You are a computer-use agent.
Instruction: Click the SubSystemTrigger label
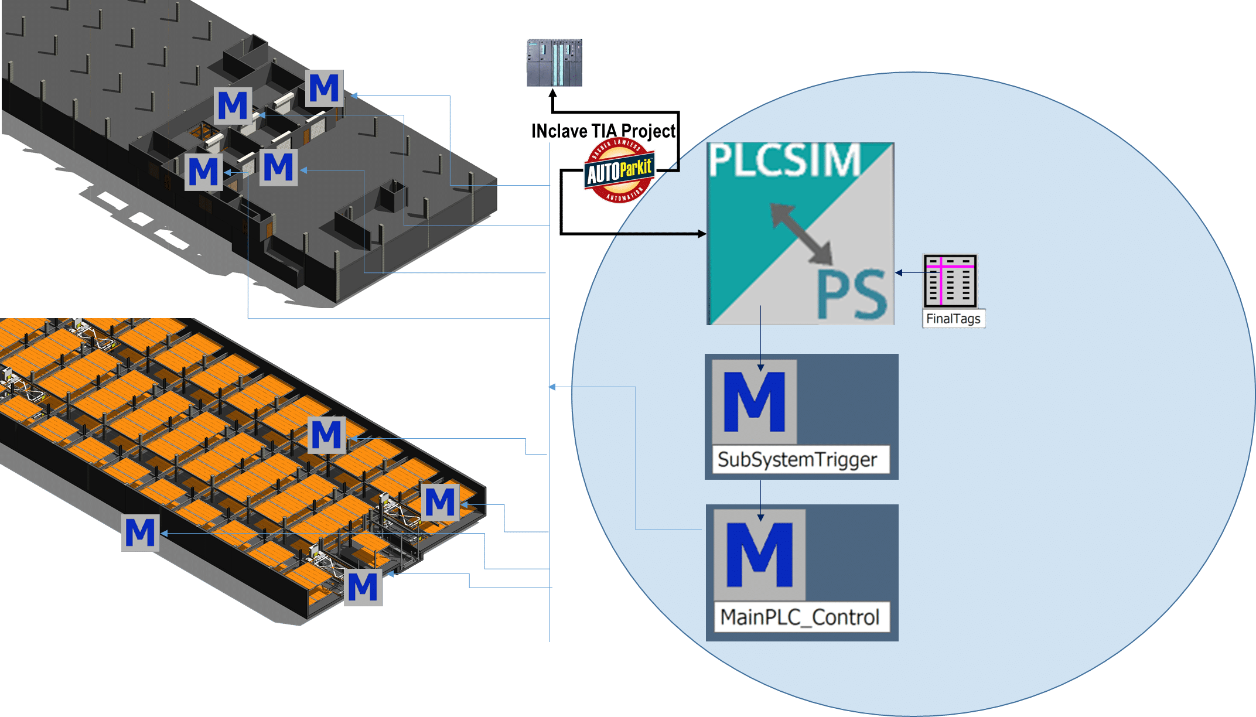[x=797, y=460]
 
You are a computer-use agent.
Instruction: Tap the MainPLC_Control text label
[x=800, y=617]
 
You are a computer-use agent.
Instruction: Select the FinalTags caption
[x=953, y=319]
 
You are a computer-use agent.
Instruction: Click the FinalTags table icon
[x=950, y=281]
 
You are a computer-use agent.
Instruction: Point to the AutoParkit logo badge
[x=619, y=170]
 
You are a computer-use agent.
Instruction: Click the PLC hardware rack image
[x=552, y=63]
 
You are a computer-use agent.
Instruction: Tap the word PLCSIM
[x=785, y=161]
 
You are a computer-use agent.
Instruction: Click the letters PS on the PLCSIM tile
[x=852, y=295]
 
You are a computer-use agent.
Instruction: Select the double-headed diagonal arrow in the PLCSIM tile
[x=801, y=233]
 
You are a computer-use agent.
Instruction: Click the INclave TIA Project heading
[x=603, y=131]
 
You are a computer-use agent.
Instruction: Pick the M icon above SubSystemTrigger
[x=755, y=402]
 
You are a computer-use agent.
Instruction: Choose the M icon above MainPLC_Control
[x=760, y=554]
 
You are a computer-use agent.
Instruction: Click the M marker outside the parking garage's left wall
[x=140, y=532]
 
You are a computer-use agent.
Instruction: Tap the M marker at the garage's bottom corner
[x=363, y=587]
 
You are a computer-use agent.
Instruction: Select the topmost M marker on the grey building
[x=324, y=88]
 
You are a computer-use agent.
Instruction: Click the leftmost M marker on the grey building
[x=203, y=172]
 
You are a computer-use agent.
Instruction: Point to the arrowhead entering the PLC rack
[x=552, y=93]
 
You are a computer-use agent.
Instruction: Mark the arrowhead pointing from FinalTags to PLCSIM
[x=899, y=272]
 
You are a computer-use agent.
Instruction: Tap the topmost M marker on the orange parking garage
[x=326, y=435]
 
